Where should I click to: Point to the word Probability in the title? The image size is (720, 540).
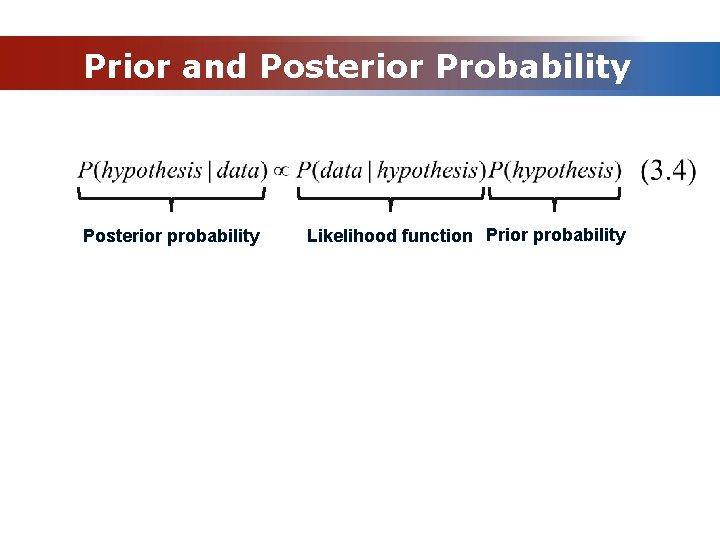click(x=534, y=66)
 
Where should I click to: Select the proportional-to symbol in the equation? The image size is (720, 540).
click(x=282, y=171)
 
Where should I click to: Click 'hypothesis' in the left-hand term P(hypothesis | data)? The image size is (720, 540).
click(x=152, y=171)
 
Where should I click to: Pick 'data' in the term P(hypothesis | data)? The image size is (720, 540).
click(x=238, y=171)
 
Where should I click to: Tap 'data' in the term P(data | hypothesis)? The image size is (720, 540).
click(x=342, y=171)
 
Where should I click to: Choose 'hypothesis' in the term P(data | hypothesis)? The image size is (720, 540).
click(x=427, y=171)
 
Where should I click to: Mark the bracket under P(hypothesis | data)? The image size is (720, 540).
click(x=171, y=198)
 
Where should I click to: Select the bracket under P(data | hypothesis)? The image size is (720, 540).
click(x=390, y=198)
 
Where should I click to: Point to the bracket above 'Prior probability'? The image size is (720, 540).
click(x=555, y=198)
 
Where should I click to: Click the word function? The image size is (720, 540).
click(x=436, y=236)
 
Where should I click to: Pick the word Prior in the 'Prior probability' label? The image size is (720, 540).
click(x=505, y=235)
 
